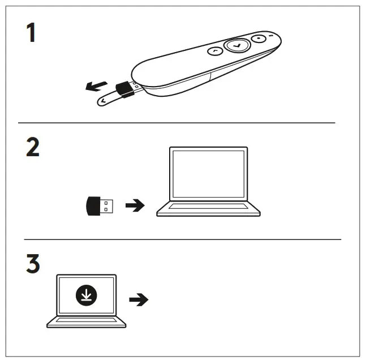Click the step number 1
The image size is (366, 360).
coord(32,33)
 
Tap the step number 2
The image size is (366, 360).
coord(33,148)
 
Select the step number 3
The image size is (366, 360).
coord(33,264)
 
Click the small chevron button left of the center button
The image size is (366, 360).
coord(215,52)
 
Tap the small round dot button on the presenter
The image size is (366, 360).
coord(258,40)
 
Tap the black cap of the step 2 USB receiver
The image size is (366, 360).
coord(93,205)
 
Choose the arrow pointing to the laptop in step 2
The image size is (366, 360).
coord(134,206)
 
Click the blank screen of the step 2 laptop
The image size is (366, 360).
coord(208,173)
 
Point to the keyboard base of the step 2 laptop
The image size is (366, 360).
coord(208,210)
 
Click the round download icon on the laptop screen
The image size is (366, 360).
coord(86,295)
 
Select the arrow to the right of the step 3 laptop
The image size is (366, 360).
coord(139,299)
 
